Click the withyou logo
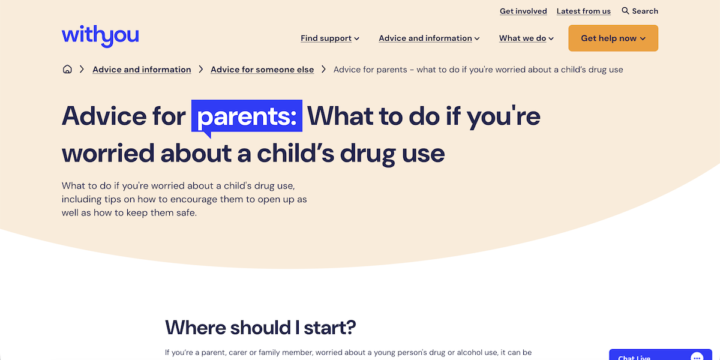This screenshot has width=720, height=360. [x=100, y=36]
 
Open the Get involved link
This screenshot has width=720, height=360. [x=523, y=11]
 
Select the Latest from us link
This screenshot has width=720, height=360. [x=583, y=11]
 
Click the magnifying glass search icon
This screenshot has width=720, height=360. [x=625, y=11]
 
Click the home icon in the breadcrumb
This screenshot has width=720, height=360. [x=67, y=70]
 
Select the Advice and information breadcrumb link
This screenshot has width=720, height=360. [x=142, y=70]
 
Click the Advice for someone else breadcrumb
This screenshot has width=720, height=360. [x=262, y=70]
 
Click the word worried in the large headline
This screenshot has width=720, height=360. [x=107, y=154]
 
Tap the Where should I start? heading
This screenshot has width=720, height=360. [x=260, y=328]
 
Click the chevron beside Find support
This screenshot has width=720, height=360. [x=356, y=39]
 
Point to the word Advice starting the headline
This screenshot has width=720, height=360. [x=103, y=116]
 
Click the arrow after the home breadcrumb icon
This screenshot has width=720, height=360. [x=82, y=70]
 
